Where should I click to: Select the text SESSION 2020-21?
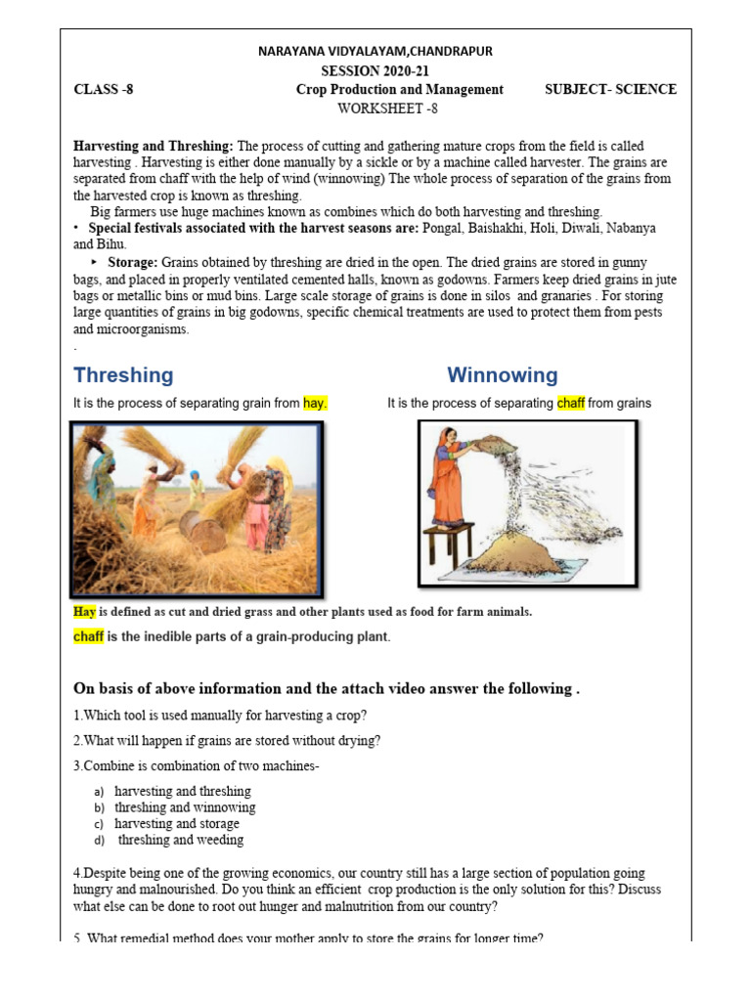[x=375, y=70]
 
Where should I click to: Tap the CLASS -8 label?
[x=103, y=89]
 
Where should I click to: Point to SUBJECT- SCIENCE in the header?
[x=610, y=89]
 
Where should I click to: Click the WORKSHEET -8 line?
[x=375, y=108]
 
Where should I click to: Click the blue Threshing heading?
[x=123, y=375]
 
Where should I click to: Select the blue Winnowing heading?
[x=503, y=375]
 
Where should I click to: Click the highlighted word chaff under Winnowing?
[x=570, y=403]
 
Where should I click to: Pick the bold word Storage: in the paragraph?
[x=130, y=263]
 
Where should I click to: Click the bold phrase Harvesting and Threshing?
[x=154, y=146]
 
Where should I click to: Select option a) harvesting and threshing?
[x=182, y=791]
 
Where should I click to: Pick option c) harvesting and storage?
[x=176, y=823]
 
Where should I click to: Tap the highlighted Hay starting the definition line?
[x=84, y=612]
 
